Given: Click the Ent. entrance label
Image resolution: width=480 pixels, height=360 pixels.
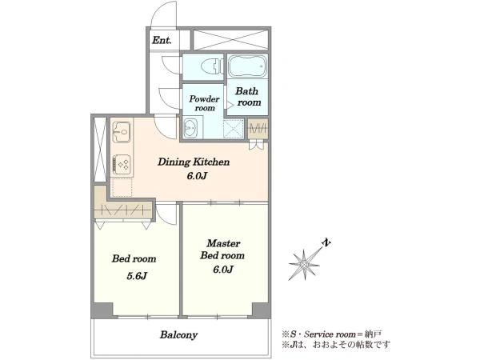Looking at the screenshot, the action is (x=162, y=40).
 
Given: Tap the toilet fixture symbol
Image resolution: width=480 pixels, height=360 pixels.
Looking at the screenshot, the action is (x=212, y=66).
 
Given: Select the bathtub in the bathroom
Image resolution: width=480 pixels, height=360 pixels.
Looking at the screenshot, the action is (x=248, y=66).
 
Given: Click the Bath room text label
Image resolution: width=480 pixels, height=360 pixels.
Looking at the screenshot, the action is (x=247, y=97).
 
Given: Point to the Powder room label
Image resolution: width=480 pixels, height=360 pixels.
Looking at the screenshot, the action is (x=204, y=103).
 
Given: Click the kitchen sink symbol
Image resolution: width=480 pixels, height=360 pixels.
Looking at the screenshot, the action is (x=122, y=132).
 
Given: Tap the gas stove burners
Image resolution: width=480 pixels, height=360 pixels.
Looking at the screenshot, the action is (x=122, y=165).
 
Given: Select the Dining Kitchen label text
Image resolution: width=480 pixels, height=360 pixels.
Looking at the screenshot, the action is (x=194, y=162).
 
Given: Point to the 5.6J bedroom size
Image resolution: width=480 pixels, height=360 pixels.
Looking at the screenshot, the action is (x=137, y=276).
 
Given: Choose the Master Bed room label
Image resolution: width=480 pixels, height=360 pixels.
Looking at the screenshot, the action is (x=222, y=250).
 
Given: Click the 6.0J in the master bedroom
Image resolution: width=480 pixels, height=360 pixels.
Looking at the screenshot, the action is (x=223, y=270).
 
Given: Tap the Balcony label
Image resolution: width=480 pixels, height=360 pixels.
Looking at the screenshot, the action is (x=178, y=335).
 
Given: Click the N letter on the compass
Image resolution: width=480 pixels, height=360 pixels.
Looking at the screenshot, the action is (x=326, y=242).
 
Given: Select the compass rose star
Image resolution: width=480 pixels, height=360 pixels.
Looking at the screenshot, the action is (x=304, y=264).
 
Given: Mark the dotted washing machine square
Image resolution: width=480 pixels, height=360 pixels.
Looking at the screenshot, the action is (x=234, y=129).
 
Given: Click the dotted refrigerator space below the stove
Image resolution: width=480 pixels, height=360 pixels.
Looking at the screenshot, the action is (x=122, y=187).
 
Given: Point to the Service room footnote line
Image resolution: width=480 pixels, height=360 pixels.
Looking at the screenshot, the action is (x=332, y=334).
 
